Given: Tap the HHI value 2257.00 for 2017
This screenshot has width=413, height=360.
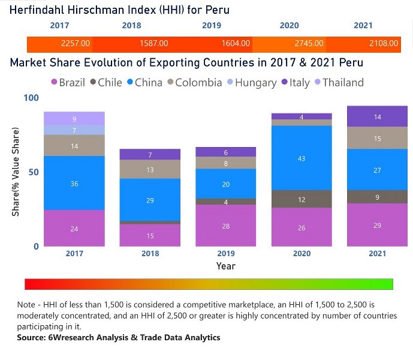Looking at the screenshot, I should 76,44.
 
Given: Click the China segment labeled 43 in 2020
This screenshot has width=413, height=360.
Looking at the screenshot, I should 302,158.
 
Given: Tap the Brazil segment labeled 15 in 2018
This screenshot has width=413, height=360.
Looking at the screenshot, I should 150,235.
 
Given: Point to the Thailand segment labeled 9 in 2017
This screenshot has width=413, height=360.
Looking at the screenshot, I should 74,119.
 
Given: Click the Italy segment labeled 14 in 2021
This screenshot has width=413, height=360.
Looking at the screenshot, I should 377,116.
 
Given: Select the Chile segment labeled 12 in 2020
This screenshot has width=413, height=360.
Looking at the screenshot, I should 302,199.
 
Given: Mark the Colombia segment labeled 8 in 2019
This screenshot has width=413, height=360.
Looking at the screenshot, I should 225,163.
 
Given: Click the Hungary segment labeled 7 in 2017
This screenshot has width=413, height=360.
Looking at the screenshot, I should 74,130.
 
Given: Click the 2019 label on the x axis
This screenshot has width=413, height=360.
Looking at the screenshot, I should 225,254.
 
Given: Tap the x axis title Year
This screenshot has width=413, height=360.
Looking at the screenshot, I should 225,266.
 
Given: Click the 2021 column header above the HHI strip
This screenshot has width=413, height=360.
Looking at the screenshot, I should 363,26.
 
